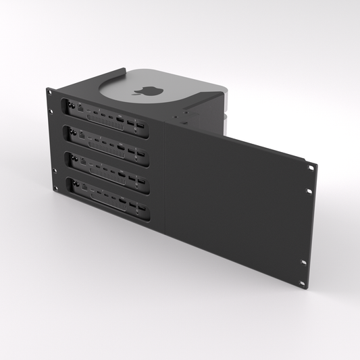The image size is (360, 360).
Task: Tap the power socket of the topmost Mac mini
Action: [x=69, y=105]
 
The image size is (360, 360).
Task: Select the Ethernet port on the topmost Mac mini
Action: [x=82, y=108]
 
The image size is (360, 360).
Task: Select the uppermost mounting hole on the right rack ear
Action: [x=309, y=169]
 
